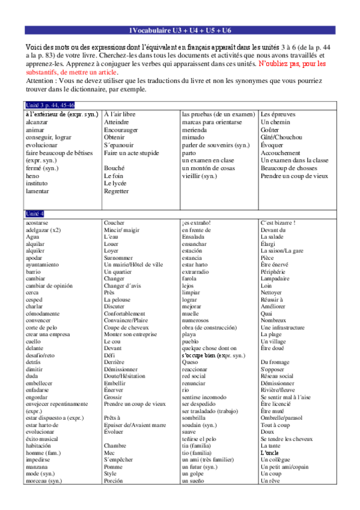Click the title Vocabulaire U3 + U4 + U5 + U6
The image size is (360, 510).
180,31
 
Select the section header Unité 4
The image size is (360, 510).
34,214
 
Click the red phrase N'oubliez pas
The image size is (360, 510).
277,63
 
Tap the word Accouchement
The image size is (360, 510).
281,153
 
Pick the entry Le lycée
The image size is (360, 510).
115,184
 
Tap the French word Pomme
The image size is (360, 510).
113,467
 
